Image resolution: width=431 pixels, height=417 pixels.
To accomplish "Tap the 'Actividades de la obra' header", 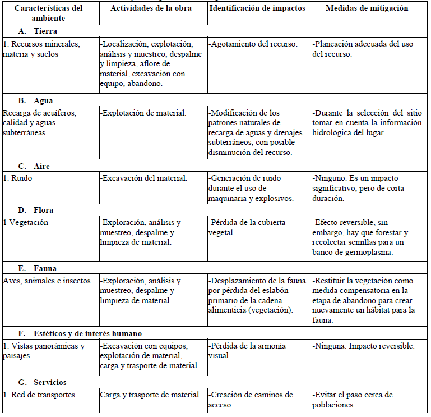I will [151, 8].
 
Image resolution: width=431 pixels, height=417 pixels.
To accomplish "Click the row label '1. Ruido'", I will [18, 178].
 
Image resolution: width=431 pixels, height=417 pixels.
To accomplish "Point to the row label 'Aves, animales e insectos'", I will [47, 281].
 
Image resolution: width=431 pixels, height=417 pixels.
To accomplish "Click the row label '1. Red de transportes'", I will [39, 395].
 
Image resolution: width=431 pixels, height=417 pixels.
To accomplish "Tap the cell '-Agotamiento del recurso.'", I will [253, 44].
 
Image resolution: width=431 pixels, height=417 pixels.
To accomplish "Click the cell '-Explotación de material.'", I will [143, 113].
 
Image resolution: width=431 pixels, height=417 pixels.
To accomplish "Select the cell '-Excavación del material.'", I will [143, 178].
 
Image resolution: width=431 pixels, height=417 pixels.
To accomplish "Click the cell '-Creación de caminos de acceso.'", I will [251, 400].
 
